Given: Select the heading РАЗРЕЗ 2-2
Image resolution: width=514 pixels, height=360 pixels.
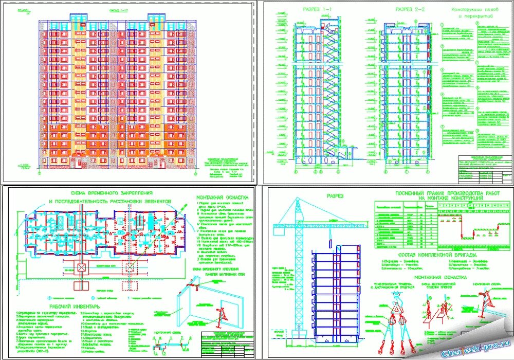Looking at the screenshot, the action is tap(410, 10).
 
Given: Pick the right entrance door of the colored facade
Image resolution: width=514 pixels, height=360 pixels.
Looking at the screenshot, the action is tap(161, 163).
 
